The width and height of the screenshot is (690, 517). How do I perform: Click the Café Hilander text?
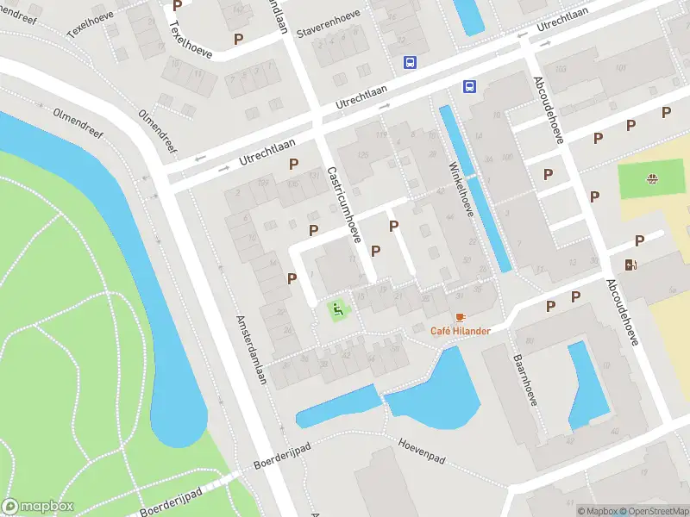461,331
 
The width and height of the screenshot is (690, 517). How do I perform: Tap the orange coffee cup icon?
461,317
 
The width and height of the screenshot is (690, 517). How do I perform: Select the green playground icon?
338,308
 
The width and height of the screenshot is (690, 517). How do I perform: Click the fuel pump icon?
632,265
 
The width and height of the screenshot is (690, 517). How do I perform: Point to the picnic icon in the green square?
652,179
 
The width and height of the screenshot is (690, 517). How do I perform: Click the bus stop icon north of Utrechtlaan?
411,62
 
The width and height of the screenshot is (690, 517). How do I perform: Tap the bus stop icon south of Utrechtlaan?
470,86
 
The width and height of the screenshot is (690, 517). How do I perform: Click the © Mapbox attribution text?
599,510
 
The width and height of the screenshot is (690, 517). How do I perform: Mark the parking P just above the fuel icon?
639,241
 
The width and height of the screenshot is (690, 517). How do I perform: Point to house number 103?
561,69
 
